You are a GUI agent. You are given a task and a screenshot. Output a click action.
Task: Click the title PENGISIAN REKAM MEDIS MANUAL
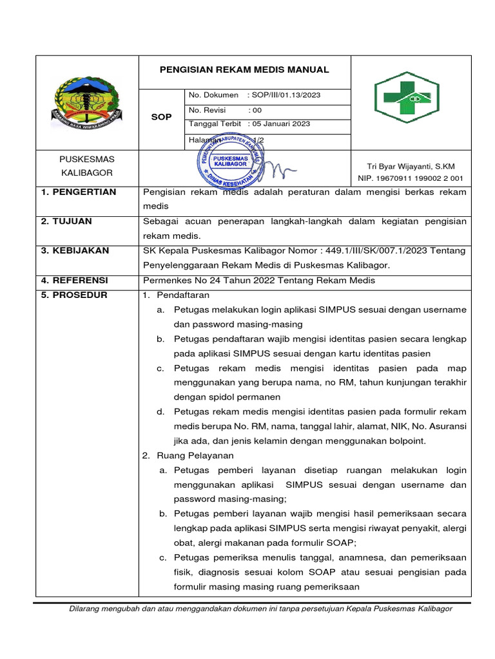coord(245,70)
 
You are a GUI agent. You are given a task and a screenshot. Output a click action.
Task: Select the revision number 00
coord(258,110)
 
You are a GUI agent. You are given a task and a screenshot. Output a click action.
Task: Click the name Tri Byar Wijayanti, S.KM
coord(411,167)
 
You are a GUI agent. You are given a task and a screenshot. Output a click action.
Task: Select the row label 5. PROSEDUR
coord(74,295)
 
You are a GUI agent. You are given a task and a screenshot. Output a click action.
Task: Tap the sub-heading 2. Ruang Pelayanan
coord(179,455)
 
